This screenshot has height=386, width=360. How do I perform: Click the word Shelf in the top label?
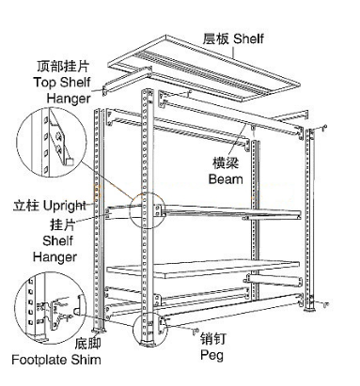tap(248, 39)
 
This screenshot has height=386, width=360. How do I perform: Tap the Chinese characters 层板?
tap(216, 39)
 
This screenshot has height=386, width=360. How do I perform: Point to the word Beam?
tap(226, 179)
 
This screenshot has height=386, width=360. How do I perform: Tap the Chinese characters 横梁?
tap(226, 163)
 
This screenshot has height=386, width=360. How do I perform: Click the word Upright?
tap(64, 207)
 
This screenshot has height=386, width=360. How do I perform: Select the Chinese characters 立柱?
tap(25, 207)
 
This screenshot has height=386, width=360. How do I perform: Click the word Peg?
tap(211, 355)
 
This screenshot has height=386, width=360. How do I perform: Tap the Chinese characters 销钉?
tap(213, 339)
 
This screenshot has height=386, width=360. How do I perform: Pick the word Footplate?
tap(39, 360)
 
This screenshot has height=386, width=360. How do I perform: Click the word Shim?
tap(86, 360)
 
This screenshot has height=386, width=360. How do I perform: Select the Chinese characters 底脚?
tap(87, 343)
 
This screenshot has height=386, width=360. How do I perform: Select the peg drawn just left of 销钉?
tap(196, 331)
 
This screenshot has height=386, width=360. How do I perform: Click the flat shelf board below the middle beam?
tap(203, 270)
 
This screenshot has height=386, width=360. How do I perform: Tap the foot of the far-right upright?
tap(309, 308)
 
